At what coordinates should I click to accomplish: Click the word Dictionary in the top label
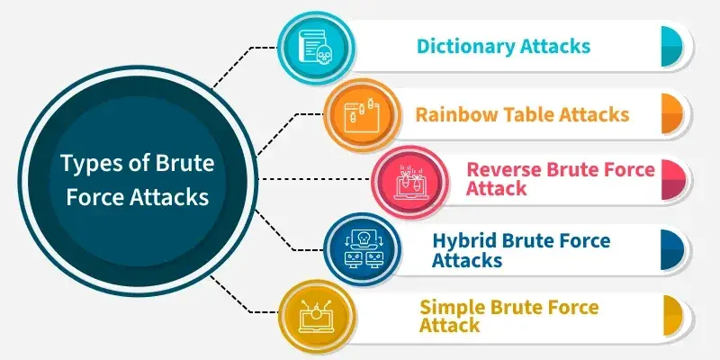465,47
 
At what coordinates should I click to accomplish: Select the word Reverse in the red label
503,169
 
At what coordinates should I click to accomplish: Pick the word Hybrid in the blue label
462,241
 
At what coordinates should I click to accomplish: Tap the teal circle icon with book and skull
318,48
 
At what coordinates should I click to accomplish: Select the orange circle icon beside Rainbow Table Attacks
362,115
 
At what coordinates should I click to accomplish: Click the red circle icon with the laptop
409,182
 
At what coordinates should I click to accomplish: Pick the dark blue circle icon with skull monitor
362,250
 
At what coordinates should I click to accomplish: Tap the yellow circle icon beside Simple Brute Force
318,317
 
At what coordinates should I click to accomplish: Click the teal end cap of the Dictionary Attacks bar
671,47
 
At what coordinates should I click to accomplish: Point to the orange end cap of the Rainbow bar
671,114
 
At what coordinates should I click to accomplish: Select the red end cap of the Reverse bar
673,179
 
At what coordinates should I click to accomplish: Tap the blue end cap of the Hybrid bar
672,250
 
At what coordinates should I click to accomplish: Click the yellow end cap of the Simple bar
671,316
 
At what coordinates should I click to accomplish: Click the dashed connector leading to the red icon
314,178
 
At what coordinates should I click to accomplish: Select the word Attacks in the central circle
169,197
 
